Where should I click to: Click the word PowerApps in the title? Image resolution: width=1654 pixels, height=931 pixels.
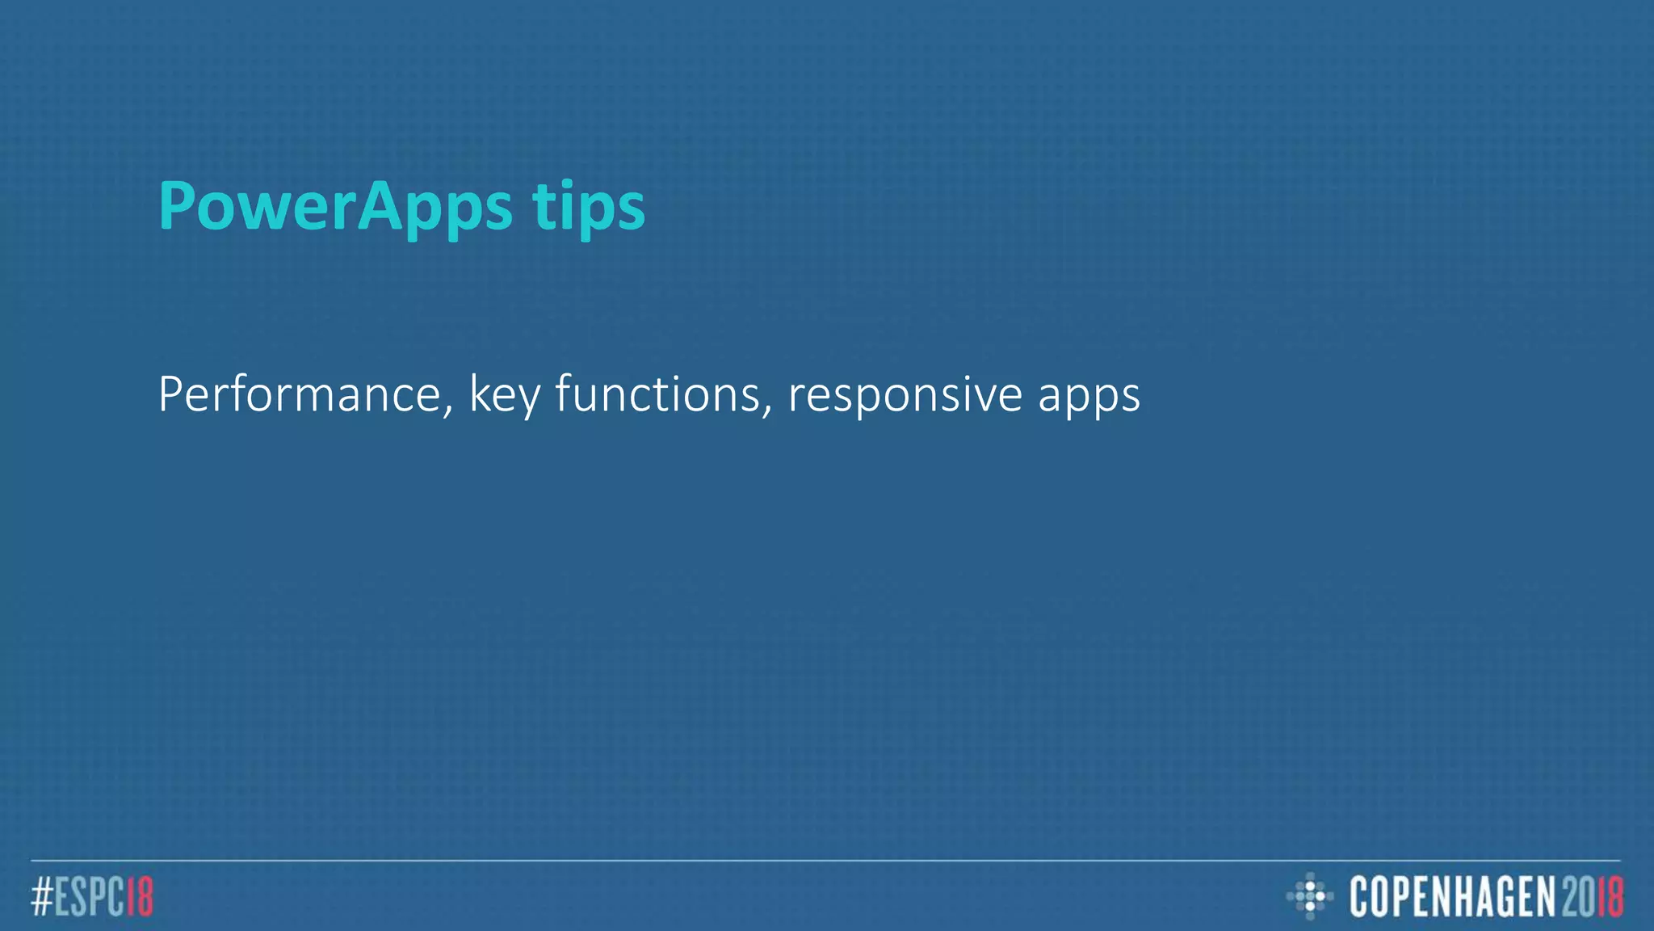tap(335, 207)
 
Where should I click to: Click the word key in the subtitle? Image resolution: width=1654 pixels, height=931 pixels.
tap(505, 396)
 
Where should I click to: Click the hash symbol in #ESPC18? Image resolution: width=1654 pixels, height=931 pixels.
tap(43, 896)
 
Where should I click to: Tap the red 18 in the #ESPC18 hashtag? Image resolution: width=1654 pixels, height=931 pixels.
tap(140, 896)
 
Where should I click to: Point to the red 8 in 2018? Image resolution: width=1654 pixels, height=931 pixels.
tap(1614, 896)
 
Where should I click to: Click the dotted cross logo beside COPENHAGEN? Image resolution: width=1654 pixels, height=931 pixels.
tap(1309, 895)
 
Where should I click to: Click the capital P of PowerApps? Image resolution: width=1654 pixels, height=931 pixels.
tap(177, 207)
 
